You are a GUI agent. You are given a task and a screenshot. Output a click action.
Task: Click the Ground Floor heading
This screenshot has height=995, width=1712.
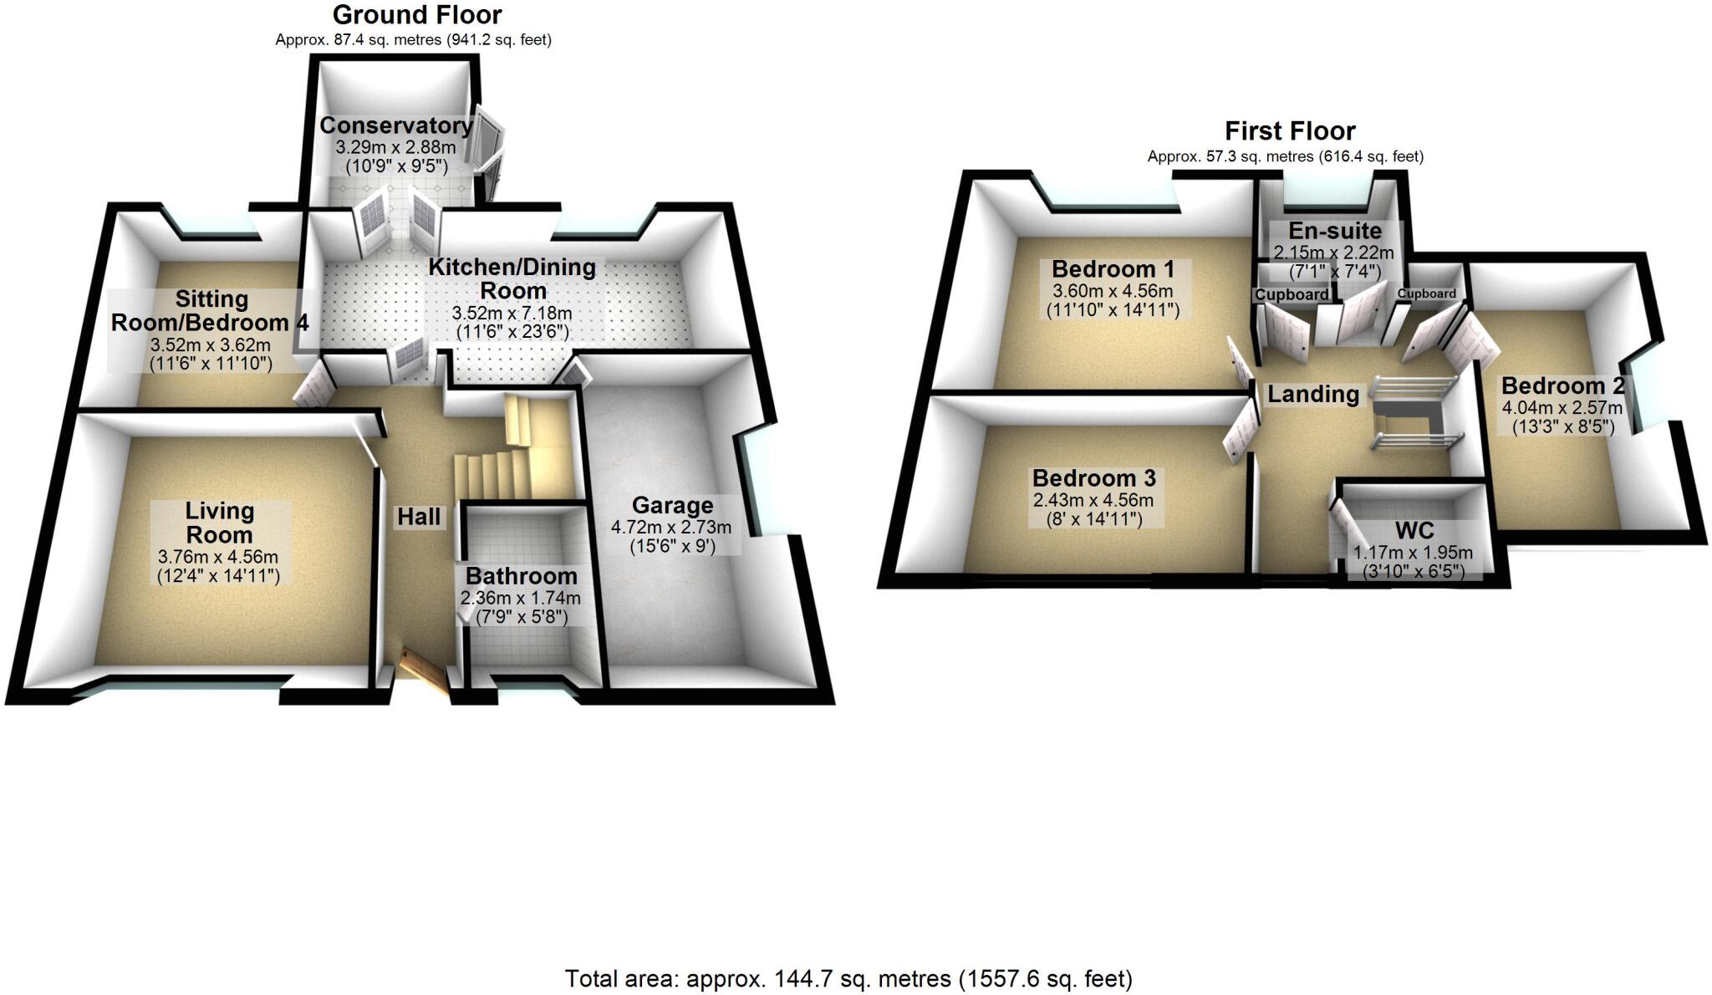416,15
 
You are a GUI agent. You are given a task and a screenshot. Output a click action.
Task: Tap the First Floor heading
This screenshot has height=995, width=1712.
1290,131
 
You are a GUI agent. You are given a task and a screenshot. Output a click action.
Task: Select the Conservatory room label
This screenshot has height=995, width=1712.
396,125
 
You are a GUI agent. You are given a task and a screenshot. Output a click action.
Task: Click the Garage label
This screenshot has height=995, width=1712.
672,506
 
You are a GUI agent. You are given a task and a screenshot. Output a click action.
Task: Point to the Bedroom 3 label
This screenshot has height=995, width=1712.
1093,478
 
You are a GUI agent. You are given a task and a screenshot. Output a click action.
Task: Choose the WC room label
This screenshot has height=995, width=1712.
1414,531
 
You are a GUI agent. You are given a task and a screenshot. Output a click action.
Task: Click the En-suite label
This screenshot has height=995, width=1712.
1335,231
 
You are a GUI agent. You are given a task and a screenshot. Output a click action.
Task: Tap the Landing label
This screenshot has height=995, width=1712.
1313,394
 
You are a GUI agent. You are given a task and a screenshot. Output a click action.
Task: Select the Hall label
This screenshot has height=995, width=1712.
419,517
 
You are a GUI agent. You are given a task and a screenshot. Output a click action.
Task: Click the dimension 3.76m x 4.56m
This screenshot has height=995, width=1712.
217,558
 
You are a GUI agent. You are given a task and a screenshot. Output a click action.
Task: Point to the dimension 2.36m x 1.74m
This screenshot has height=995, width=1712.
520,599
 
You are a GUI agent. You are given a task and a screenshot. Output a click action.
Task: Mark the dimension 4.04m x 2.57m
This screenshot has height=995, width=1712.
1562,408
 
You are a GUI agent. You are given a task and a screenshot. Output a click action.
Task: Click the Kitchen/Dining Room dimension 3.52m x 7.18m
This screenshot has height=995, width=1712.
512,314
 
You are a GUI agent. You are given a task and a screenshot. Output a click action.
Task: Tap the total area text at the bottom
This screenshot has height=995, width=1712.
848,978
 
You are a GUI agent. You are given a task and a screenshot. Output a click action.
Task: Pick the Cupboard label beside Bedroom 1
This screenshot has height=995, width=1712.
1292,295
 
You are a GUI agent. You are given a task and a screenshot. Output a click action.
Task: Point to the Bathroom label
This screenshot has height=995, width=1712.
521,576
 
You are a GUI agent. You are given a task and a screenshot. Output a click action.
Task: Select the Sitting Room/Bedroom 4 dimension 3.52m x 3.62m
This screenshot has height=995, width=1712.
210,344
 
